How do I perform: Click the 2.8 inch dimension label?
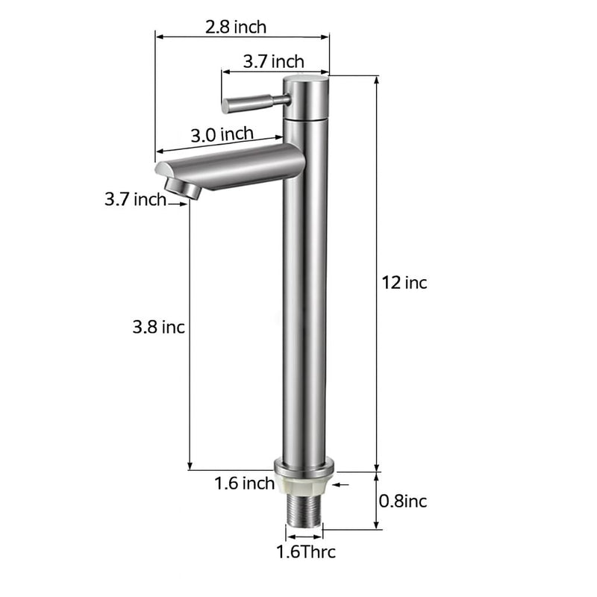pyautogui.click(x=235, y=27)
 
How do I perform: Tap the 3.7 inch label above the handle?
pyautogui.click(x=273, y=61)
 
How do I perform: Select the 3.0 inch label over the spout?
pyautogui.click(x=222, y=135)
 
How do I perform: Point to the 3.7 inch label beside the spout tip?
pyautogui.click(x=135, y=199)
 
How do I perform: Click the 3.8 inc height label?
pyautogui.click(x=158, y=327)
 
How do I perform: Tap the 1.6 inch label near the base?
pyautogui.click(x=245, y=484)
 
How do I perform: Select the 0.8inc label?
pyautogui.click(x=404, y=501)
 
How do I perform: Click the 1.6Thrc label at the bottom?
pyautogui.click(x=306, y=552)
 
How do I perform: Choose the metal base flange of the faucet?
pyautogui.click(x=304, y=468)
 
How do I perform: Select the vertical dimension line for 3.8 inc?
pyautogui.click(x=190, y=336)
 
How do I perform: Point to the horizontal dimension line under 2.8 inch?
pyautogui.click(x=243, y=36)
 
